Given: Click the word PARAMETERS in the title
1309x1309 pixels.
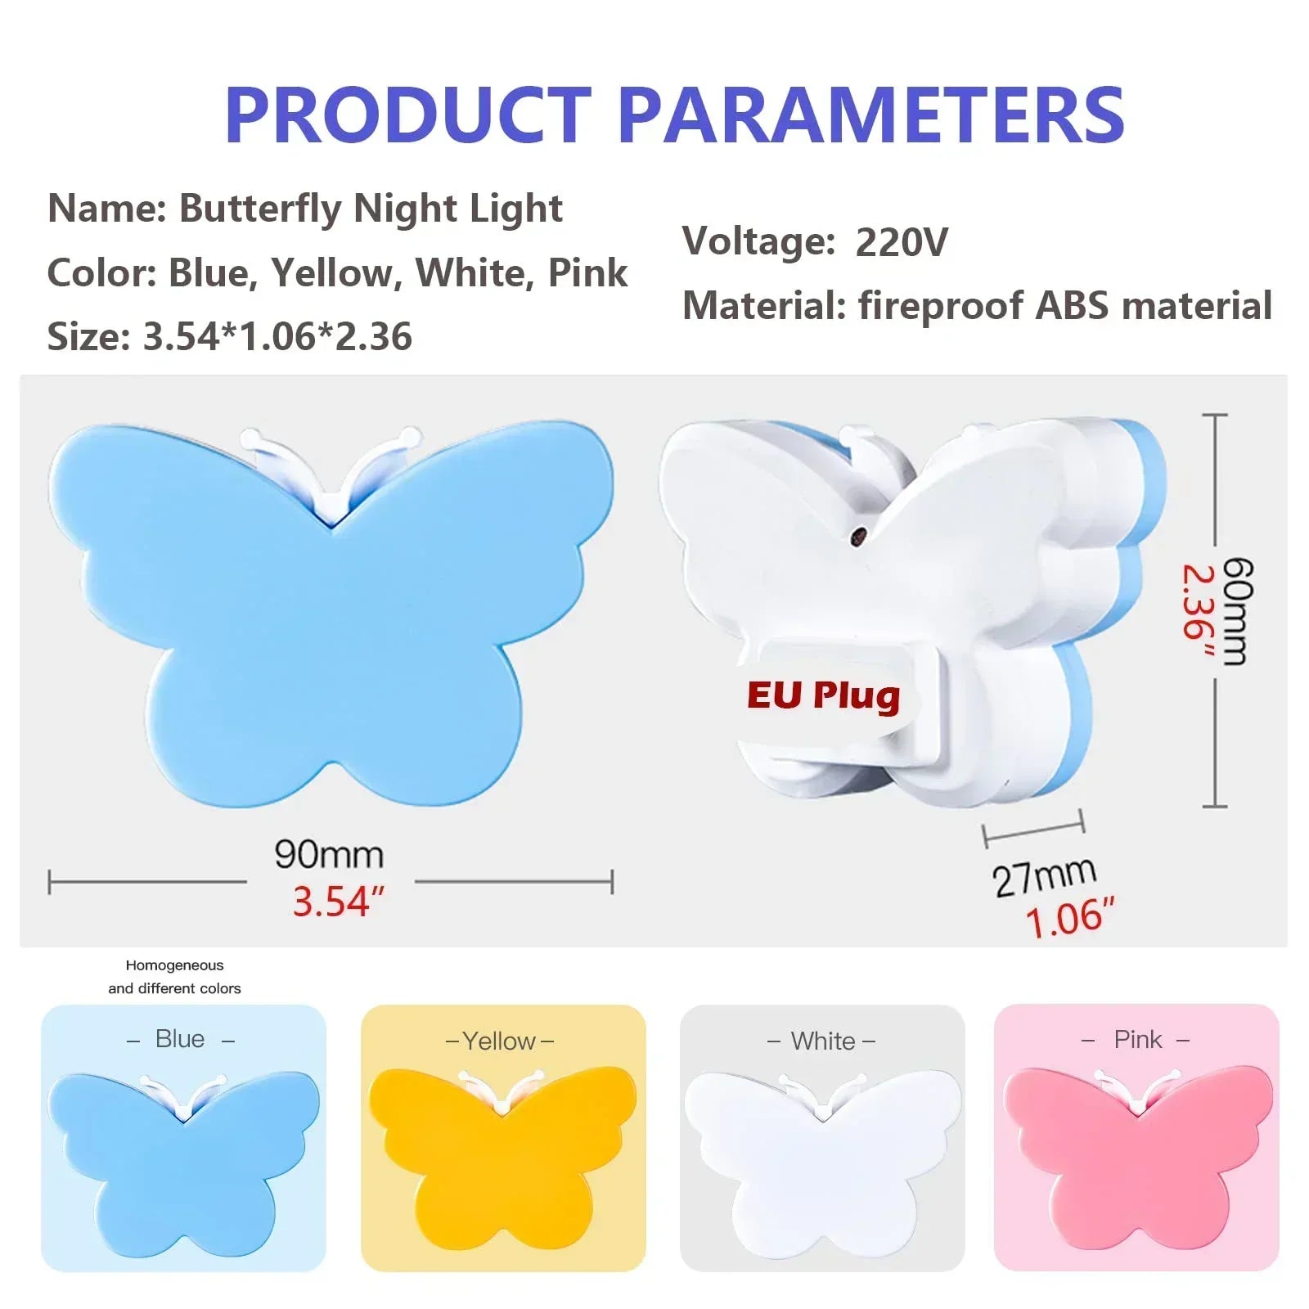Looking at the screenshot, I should [x=871, y=115].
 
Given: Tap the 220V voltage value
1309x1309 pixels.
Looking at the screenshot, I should [x=902, y=242].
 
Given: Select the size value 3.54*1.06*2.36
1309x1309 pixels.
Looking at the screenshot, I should [x=277, y=336].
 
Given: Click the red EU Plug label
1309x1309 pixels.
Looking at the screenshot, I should [x=823, y=696].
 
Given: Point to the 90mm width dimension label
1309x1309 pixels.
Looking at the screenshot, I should [x=329, y=854].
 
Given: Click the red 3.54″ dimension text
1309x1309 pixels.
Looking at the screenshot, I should [x=338, y=902].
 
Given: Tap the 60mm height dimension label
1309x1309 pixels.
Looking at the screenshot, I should [x=1237, y=611].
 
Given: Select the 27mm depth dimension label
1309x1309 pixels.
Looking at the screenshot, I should [x=1044, y=877].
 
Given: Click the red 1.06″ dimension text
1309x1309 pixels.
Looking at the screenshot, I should [x=1069, y=918].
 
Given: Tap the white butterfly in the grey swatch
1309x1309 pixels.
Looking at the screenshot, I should [x=822, y=1162].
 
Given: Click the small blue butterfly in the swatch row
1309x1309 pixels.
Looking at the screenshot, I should [x=184, y=1162].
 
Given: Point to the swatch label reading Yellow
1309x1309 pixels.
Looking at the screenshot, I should [x=499, y=1041].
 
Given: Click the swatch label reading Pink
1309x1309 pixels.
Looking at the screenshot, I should [x=1137, y=1040].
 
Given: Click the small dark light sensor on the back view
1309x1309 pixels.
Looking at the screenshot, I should [x=859, y=536].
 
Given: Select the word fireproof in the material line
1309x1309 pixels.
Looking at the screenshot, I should [x=941, y=306].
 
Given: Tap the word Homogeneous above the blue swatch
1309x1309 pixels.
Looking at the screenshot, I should [x=174, y=965].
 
